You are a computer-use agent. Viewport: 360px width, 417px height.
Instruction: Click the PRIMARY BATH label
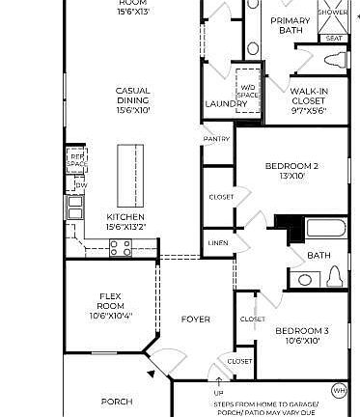click(290, 26)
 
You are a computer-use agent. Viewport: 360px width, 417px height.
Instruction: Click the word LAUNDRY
click(222, 104)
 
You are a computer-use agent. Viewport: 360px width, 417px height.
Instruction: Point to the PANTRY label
click(216, 139)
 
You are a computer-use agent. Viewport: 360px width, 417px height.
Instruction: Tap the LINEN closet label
click(218, 243)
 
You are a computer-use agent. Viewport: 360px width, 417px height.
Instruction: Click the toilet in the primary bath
click(334, 61)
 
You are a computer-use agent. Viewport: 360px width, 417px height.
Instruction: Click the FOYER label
click(196, 319)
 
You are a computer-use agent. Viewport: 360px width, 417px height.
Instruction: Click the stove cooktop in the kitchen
click(120, 248)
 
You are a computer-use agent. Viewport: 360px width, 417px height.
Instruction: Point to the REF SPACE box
click(75, 159)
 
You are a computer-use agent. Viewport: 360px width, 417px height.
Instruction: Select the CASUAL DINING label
click(132, 100)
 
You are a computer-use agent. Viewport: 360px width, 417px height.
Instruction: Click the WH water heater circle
click(339, 391)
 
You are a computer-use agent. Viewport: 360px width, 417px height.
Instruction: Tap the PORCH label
click(117, 402)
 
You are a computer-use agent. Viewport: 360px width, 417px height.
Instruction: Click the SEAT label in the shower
click(334, 39)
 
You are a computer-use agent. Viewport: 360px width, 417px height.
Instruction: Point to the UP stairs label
click(218, 394)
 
